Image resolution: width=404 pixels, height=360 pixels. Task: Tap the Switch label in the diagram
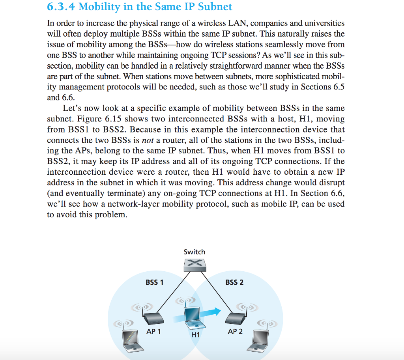pos(195,252)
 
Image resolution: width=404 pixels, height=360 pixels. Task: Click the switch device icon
pos(195,265)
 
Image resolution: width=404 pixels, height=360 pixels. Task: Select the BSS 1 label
pos(154,282)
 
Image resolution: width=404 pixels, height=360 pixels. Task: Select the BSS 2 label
pos(234,282)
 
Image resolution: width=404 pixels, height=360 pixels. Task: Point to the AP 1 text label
pos(153,331)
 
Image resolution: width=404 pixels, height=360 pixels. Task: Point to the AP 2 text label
pos(235,331)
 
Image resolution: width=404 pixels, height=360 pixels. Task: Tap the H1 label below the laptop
pos(195,335)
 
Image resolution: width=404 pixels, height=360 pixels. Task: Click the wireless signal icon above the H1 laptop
pos(187,300)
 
